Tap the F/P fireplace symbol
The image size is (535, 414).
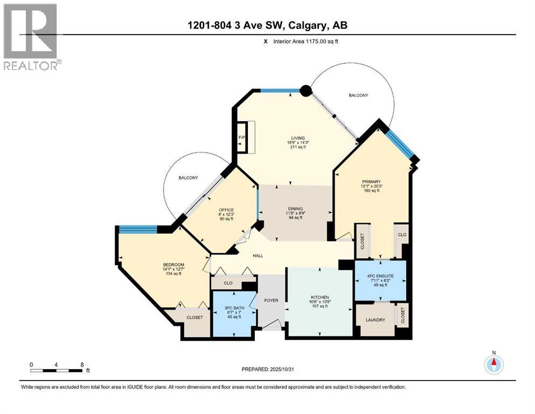coord(242,138)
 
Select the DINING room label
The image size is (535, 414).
coord(295,209)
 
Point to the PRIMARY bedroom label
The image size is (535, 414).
coord(371,182)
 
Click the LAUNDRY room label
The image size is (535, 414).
coord(375,320)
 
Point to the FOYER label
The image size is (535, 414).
coord(271,300)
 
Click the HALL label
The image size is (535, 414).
coord(258,255)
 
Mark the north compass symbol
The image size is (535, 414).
coord(493,364)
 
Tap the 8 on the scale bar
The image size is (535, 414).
coord(81,364)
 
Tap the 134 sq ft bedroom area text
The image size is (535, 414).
coord(173,274)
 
